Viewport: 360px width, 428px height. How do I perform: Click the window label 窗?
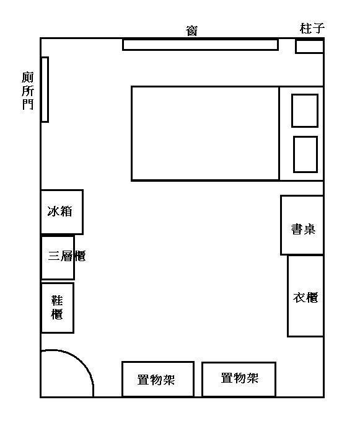[x=192, y=31]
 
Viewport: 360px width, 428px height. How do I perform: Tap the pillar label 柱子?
[x=312, y=29]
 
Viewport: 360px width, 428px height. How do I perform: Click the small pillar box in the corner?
[x=310, y=47]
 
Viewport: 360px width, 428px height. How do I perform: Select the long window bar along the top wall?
[x=201, y=45]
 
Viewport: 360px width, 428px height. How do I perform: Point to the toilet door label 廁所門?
[x=28, y=91]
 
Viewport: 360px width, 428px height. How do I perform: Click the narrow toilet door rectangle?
[x=45, y=89]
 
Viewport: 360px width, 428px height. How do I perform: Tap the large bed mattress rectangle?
[x=205, y=133]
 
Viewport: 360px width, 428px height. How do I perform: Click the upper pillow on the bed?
[x=305, y=110]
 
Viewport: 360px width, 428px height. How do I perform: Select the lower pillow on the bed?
[x=305, y=154]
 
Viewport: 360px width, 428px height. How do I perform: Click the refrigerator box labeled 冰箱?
[x=62, y=212]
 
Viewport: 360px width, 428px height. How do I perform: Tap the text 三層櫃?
[x=67, y=256]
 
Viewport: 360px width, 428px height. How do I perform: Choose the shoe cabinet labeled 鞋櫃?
[x=57, y=308]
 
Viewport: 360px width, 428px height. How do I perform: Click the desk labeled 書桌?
[x=302, y=225]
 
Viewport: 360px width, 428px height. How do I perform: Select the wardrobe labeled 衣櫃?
[x=305, y=296]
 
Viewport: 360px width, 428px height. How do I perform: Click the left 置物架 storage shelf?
[x=158, y=379]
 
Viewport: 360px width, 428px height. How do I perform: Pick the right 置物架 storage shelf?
[x=239, y=380]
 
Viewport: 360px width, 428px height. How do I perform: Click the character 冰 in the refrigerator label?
[x=53, y=212]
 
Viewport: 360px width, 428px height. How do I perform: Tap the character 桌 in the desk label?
[x=310, y=230]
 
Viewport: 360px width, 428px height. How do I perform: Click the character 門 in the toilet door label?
[x=28, y=104]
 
